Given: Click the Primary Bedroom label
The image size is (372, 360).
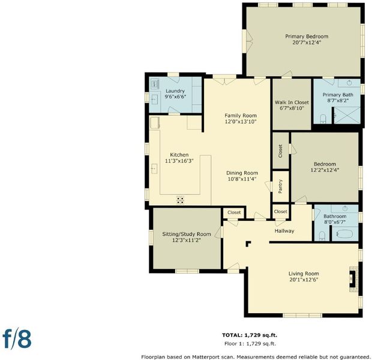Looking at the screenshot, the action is (x=307, y=37).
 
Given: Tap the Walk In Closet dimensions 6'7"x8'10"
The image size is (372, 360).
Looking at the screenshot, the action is (x=292, y=108).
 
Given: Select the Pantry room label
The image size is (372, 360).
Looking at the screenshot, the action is (x=280, y=187).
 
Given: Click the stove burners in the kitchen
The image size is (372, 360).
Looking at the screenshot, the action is (x=181, y=200).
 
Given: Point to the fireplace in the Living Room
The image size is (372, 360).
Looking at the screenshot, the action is (x=353, y=279).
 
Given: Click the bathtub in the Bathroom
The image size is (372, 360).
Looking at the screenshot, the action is (x=345, y=234).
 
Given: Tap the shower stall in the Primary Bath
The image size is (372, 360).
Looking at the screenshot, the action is (x=347, y=115).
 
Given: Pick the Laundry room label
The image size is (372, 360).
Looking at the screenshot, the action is (x=175, y=91).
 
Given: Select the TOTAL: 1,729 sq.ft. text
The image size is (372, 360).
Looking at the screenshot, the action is (x=250, y=335).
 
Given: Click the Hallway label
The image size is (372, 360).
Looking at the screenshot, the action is (x=284, y=230).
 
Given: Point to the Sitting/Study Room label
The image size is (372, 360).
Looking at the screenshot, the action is (x=187, y=234).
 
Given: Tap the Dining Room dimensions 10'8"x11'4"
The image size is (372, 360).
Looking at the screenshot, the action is (x=242, y=179).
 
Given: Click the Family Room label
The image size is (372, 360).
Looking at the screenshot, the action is (x=241, y=116).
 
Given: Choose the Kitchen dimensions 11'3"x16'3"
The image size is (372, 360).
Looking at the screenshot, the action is (x=179, y=161).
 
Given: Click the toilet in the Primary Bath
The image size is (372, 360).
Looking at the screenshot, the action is (x=323, y=119).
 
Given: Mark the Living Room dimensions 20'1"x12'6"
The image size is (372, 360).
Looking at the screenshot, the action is (x=304, y=280).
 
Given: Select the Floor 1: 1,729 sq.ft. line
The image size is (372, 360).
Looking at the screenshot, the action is (x=250, y=343).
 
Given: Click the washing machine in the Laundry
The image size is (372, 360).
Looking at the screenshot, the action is (x=155, y=84).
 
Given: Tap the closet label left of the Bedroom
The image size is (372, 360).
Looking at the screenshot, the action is (x=280, y=151).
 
